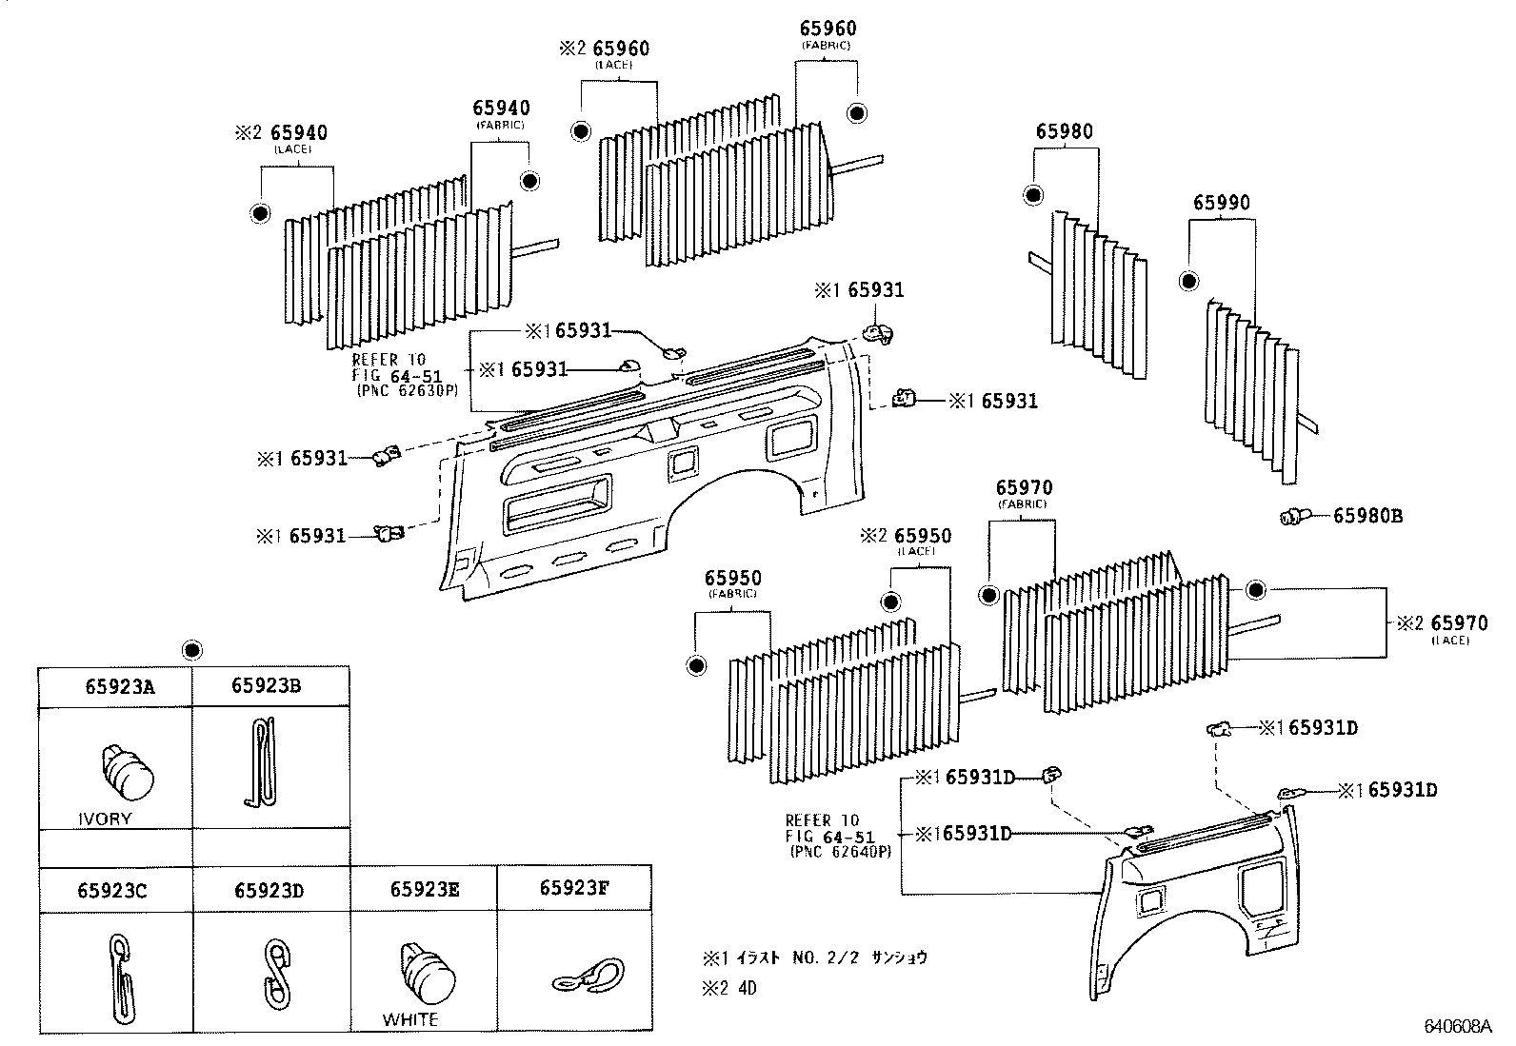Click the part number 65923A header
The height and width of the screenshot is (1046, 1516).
coord(119,686)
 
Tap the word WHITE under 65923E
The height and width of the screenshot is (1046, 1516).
coord(410,1019)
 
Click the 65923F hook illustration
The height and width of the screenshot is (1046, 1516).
coord(587,977)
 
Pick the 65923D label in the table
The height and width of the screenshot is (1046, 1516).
coord(269,891)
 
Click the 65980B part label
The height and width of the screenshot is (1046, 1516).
coord(1367,516)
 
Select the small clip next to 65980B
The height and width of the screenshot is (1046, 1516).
coord(1292,517)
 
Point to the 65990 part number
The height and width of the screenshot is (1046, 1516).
coord(1222,203)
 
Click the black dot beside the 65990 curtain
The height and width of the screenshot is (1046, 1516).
coord(1187,281)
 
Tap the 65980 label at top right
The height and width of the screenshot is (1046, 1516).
coord(1065,131)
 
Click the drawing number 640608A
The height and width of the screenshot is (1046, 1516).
coord(1457,1026)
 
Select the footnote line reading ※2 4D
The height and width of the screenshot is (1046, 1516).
coord(729,988)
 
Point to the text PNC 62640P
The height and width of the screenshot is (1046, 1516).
coord(840,852)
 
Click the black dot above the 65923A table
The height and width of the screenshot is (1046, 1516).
coord(192,650)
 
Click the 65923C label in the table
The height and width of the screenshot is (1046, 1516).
coord(112,891)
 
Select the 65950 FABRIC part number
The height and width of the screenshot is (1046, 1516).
coord(732,579)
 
